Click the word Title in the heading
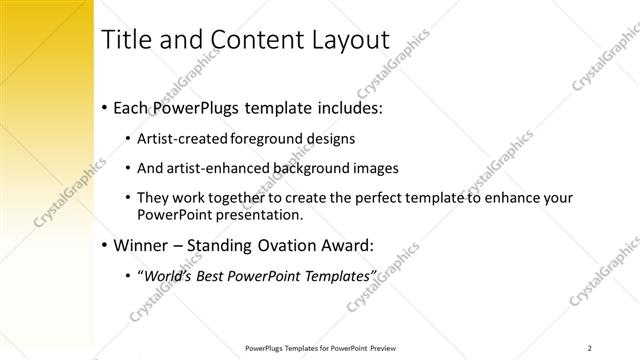click(130, 41)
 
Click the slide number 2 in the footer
click(591, 348)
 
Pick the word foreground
click(264, 138)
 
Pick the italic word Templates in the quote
click(340, 276)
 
